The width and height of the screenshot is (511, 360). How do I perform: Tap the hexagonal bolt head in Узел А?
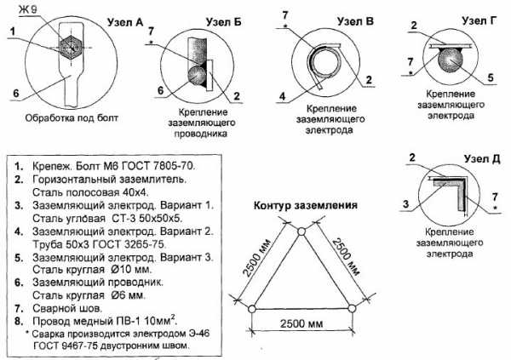click(71, 48)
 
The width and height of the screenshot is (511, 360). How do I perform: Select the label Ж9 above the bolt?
click(28, 9)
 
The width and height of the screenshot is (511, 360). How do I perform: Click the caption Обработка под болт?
click(72, 117)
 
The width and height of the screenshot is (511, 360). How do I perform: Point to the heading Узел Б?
click(223, 22)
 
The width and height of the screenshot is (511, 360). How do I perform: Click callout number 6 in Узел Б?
click(161, 90)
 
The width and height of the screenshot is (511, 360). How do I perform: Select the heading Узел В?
click(355, 21)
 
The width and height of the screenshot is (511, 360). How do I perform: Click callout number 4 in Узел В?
click(282, 96)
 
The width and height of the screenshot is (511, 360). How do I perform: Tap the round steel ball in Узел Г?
click(451, 60)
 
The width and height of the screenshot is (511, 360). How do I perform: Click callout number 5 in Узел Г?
click(491, 77)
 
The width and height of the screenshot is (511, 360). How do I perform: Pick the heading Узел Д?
click(482, 159)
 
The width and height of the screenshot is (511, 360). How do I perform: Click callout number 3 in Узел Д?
click(405, 204)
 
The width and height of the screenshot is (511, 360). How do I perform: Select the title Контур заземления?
click(306, 205)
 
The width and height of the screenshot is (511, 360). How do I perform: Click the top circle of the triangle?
click(301, 231)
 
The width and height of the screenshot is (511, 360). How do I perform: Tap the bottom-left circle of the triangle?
click(252, 308)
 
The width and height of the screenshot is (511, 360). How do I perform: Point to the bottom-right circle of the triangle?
click(351, 308)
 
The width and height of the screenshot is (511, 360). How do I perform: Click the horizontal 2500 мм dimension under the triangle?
click(301, 323)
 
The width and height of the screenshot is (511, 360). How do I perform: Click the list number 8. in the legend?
click(19, 321)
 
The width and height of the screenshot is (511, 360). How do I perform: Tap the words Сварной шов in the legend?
click(67, 308)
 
